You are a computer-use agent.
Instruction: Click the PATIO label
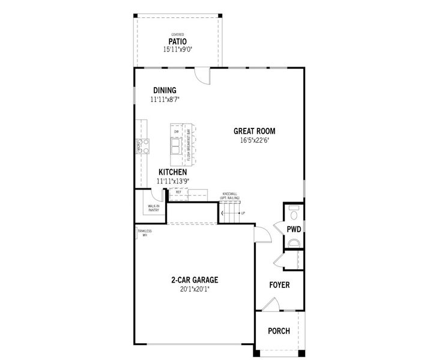coord(178,42)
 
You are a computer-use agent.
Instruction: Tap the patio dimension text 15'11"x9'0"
coord(178,50)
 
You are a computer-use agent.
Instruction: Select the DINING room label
coord(165,90)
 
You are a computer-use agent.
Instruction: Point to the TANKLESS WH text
coord(145,233)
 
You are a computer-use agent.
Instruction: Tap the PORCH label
coord(279,331)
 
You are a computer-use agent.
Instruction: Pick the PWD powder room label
coord(294,229)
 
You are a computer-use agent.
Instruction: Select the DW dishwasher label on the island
coord(177,131)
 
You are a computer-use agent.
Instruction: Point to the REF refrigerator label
coord(178,192)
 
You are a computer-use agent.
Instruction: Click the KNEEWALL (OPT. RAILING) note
coord(231,196)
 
